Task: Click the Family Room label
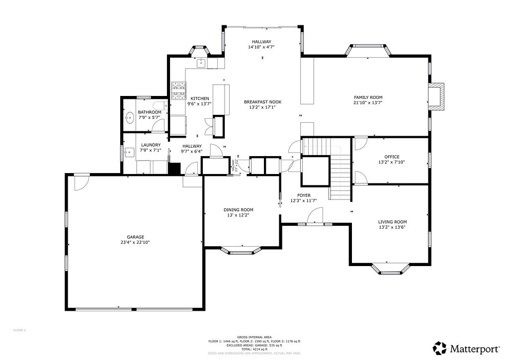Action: pyautogui.click(x=368, y=97)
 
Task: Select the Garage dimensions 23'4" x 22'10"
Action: pyautogui.click(x=135, y=243)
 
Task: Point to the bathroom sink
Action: pyautogui.click(x=130, y=118)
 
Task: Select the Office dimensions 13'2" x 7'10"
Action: pyautogui.click(x=392, y=162)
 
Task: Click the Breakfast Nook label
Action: pyautogui.click(x=259, y=102)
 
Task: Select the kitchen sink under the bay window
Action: pyautogui.click(x=201, y=63)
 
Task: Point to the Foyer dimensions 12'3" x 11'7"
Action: pyautogui.click(x=304, y=201)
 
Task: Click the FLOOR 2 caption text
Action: pyautogui.click(x=19, y=330)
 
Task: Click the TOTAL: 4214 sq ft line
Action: pyautogui.click(x=254, y=349)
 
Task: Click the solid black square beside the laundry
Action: pyautogui.click(x=174, y=168)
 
